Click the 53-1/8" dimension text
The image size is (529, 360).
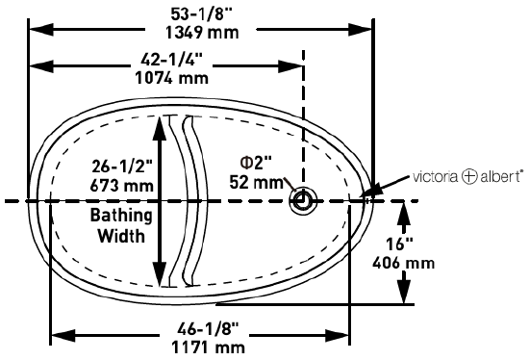click(201, 14)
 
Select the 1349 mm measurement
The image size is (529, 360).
click(202, 33)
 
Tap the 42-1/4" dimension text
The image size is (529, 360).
click(172, 60)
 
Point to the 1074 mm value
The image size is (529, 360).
click(172, 78)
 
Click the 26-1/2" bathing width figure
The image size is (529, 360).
click(122, 167)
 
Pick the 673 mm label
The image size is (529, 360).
click(122, 186)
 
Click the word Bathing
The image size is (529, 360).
click(121, 217)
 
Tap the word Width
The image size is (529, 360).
click(121, 236)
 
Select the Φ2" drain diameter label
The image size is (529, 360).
click(256, 163)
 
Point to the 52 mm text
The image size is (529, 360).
click(257, 182)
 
